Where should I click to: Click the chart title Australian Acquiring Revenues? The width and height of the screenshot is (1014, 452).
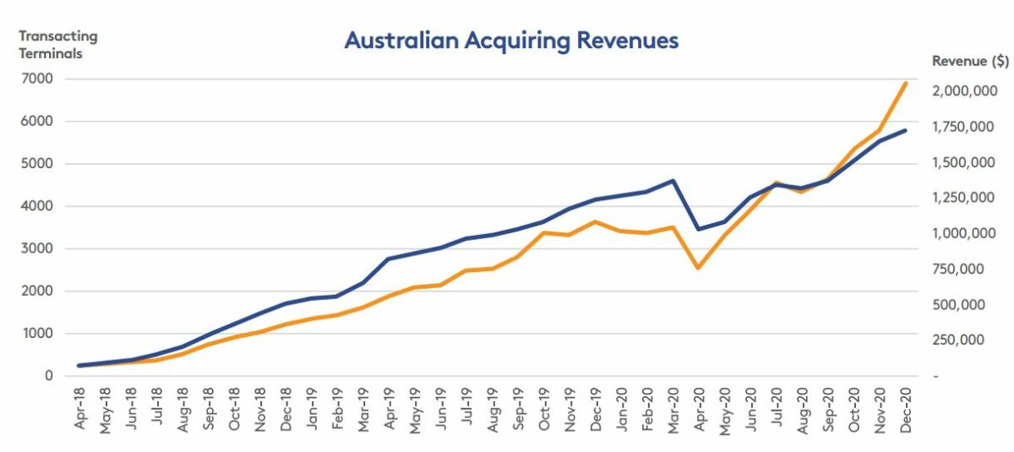[511, 41]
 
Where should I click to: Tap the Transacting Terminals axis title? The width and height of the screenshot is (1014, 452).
[58, 45]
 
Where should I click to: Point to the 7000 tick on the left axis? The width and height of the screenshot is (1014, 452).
[39, 79]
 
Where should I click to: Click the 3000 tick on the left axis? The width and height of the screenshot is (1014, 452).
[39, 248]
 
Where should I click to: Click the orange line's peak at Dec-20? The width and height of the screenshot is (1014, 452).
[906, 83]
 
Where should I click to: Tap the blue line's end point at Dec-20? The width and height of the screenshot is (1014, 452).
[906, 130]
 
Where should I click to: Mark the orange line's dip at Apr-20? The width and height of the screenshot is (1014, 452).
[699, 268]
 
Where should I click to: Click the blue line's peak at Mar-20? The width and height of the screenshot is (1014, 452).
[673, 181]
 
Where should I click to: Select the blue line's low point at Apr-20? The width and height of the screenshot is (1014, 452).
[699, 229]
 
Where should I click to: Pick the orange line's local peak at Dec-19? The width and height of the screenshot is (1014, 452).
[596, 222]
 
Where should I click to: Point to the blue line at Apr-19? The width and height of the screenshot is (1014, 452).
[390, 259]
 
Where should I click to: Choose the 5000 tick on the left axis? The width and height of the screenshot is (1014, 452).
[39, 164]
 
